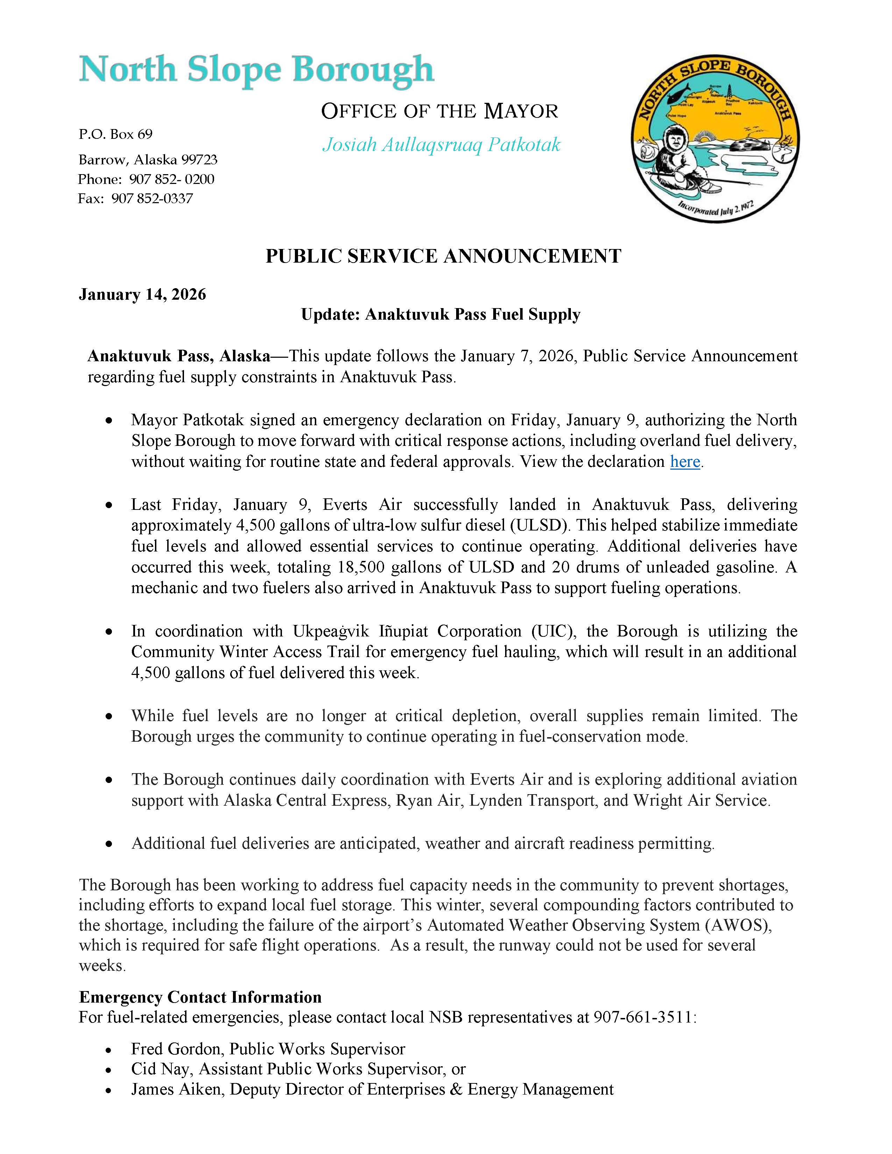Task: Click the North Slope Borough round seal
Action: click(x=715, y=139)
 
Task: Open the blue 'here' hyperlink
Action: click(x=685, y=462)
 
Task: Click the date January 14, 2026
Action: click(x=142, y=294)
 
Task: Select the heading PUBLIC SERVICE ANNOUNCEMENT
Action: click(x=443, y=256)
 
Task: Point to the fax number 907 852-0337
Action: click(x=152, y=199)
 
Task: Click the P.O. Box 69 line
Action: click(x=116, y=134)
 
